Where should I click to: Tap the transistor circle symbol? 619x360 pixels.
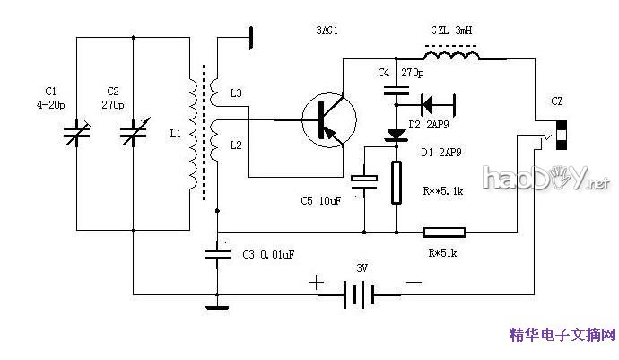327,120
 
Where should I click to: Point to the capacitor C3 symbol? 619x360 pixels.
216,253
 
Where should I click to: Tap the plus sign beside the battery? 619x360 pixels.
317,282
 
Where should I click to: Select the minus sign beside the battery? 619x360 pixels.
414,283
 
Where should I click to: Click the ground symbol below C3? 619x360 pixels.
216,307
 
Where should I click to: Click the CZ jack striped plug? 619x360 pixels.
561,132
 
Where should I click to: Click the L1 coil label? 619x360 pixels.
175,134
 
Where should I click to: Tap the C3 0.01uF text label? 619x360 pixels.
269,255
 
